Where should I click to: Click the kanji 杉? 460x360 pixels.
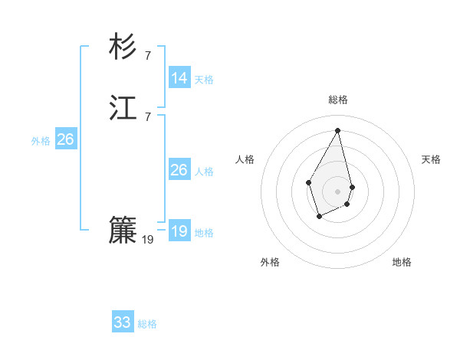coord(123,47)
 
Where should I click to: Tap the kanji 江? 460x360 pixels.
coord(123,109)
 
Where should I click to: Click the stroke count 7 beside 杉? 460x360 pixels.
coord(147,55)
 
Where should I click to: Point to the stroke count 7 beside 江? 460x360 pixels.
coord(147,116)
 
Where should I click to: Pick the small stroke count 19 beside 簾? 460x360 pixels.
coord(148,239)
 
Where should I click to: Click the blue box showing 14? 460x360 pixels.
coord(179,78)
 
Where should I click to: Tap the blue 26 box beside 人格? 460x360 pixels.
coord(179,170)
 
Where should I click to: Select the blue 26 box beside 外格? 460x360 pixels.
coord(65,139)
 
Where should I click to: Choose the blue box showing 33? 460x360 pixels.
coord(123,322)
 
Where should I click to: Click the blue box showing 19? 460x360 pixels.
coord(179,231)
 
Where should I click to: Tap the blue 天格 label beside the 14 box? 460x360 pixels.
coord(204,80)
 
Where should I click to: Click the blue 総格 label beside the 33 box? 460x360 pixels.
coord(147,324)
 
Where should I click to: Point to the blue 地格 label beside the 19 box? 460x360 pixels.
coord(204,233)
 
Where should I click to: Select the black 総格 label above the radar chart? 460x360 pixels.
coord(338,100)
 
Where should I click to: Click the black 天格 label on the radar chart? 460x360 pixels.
coord(431,159)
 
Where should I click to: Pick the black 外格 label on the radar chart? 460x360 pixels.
coord(270,262)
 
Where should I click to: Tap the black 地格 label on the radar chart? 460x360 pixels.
coord(402,262)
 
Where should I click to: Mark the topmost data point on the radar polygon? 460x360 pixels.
coord(338,129)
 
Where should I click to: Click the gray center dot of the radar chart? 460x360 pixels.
coord(338,191)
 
